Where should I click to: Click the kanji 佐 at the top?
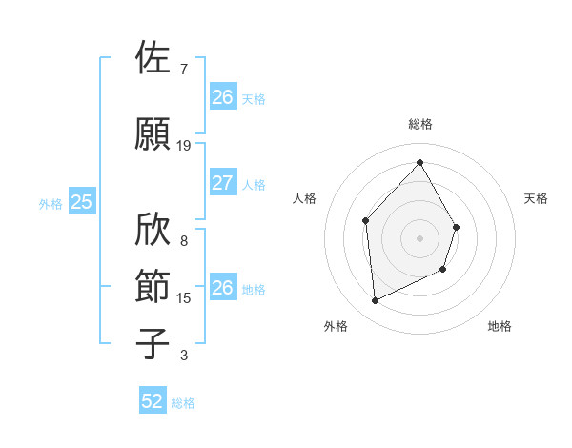pos(154,59)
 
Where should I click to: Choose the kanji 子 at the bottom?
pos(154,343)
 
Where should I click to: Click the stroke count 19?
pos(184,146)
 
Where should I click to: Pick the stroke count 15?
pos(184,298)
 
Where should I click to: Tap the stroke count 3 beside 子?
pos(184,356)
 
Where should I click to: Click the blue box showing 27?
pos(222,183)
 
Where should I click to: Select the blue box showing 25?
pos(81,201)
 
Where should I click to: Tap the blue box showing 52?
pos(153,401)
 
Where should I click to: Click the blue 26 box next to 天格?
pos(222,96)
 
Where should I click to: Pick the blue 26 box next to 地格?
pos(222,288)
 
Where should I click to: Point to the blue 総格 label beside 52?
pos(183,403)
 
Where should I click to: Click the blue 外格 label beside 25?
pos(51,203)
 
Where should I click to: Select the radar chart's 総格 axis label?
pos(419,124)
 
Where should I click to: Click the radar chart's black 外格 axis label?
pos(336,327)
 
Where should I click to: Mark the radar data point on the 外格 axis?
pos(375,301)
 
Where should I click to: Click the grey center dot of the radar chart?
pos(419,238)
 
